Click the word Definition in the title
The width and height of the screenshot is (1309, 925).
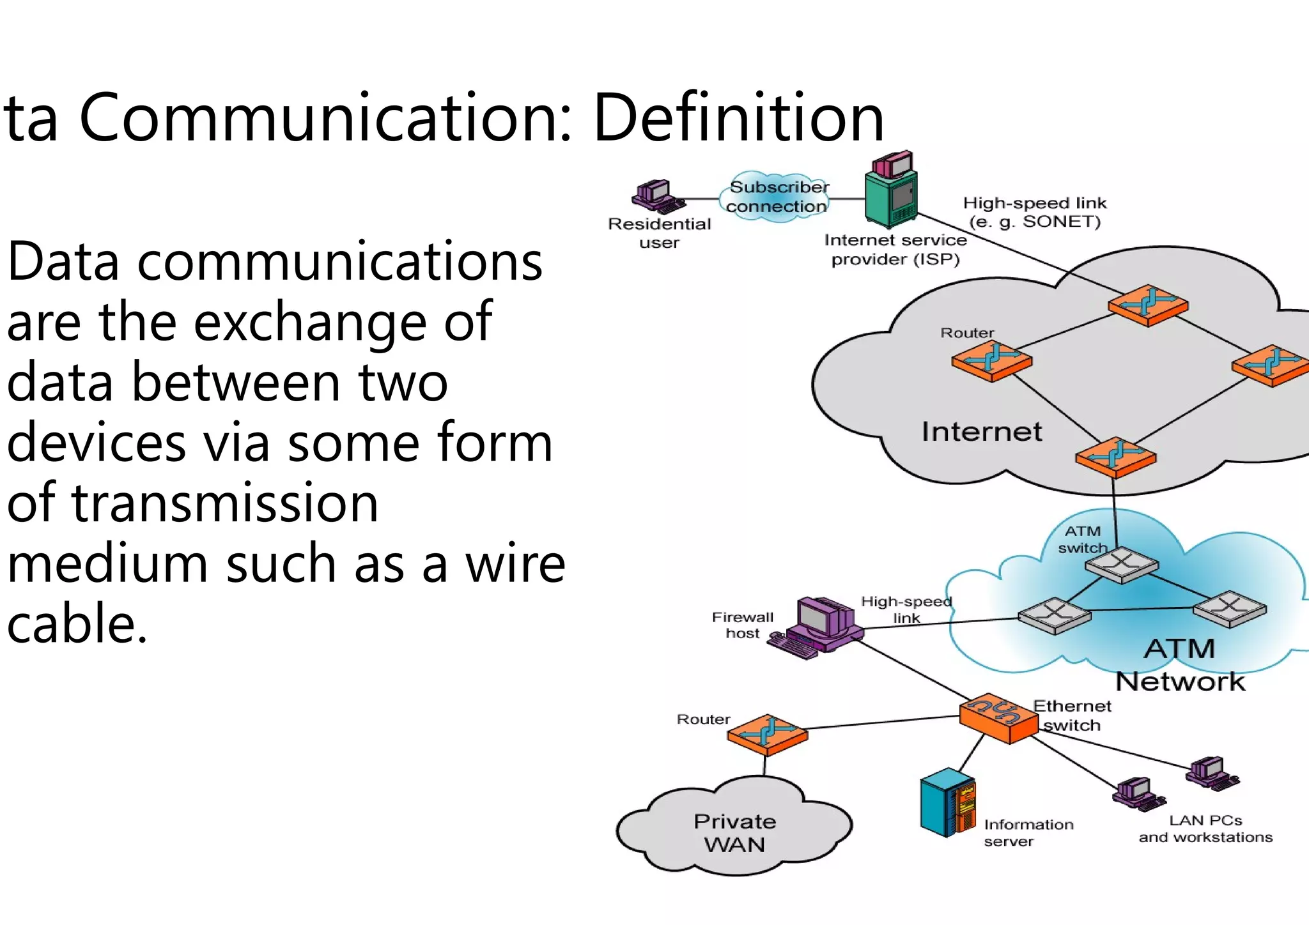click(x=738, y=118)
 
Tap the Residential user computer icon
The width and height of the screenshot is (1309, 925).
click(x=656, y=197)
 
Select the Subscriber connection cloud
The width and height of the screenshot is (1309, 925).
click(x=777, y=197)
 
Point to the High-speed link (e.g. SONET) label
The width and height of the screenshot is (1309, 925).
click(x=1035, y=212)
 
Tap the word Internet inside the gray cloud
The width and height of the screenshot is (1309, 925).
click(x=982, y=432)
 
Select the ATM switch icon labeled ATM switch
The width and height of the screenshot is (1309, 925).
click(x=1122, y=564)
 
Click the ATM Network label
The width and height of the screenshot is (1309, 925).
click(x=1180, y=665)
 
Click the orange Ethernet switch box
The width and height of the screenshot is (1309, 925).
click(x=998, y=718)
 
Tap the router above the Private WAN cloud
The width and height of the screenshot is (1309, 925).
click(x=768, y=734)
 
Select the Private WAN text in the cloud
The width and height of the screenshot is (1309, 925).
click(x=735, y=833)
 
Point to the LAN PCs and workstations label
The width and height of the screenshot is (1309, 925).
click(x=1205, y=829)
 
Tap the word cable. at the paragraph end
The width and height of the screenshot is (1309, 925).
click(x=77, y=623)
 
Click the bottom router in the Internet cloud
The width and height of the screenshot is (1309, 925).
click(x=1115, y=456)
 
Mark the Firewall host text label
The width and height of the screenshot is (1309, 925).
click(x=743, y=625)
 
